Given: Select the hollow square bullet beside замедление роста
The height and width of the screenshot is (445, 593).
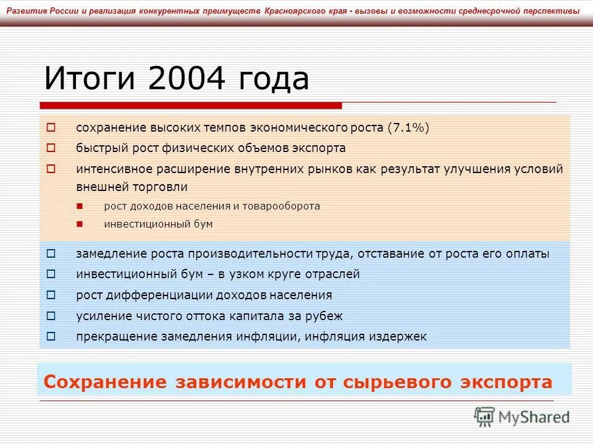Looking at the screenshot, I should [51, 253].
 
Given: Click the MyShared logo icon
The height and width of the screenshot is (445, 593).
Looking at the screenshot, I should [485, 417].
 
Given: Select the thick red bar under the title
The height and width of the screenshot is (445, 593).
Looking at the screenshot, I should [191, 104].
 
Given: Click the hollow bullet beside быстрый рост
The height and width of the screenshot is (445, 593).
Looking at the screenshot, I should [51, 148].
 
